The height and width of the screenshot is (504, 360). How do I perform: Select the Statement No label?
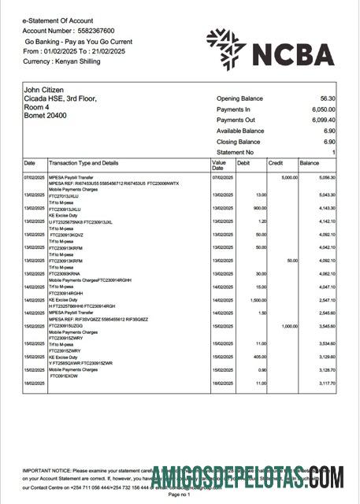(x=236, y=152)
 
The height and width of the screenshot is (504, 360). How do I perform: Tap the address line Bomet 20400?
(x=46, y=116)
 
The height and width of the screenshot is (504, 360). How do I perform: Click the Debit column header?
(x=243, y=163)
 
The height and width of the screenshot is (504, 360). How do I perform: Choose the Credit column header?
(x=276, y=163)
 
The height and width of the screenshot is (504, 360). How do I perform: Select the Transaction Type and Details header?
(x=84, y=163)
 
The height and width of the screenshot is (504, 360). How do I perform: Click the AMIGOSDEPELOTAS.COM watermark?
(x=247, y=477)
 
